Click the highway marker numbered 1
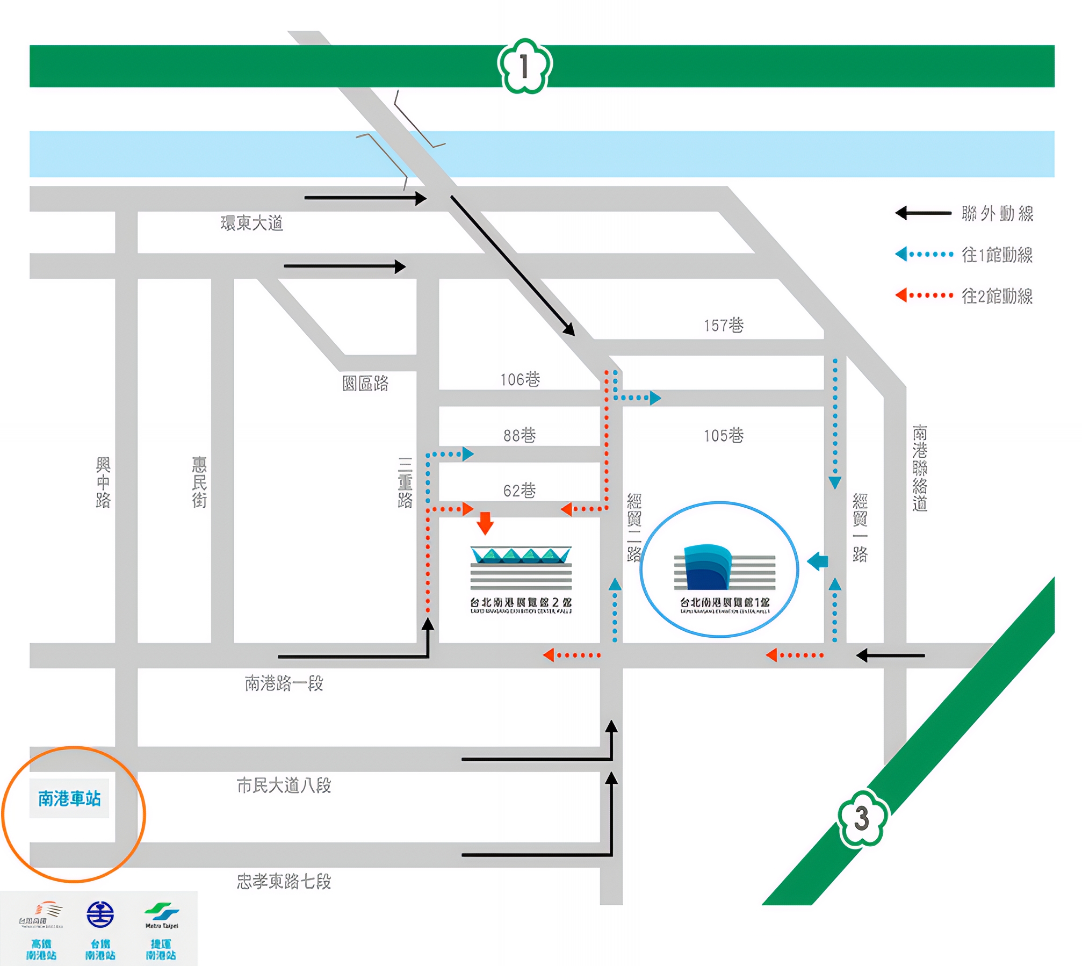(x=524, y=66)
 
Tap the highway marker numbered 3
(x=861, y=818)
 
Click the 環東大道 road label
(x=251, y=223)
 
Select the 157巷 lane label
(x=723, y=325)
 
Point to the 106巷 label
(x=520, y=379)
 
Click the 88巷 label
(x=519, y=435)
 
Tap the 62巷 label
(x=519, y=490)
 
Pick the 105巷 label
(x=723, y=435)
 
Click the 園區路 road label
(x=365, y=383)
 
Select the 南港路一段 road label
(x=284, y=683)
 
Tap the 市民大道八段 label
(x=284, y=785)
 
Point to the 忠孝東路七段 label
(x=284, y=881)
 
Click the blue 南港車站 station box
(x=69, y=798)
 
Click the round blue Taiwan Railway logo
(x=100, y=914)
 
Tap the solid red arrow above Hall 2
(x=485, y=523)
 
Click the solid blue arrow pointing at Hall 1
(x=818, y=561)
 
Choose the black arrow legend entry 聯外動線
(x=964, y=213)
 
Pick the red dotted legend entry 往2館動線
(x=964, y=295)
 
